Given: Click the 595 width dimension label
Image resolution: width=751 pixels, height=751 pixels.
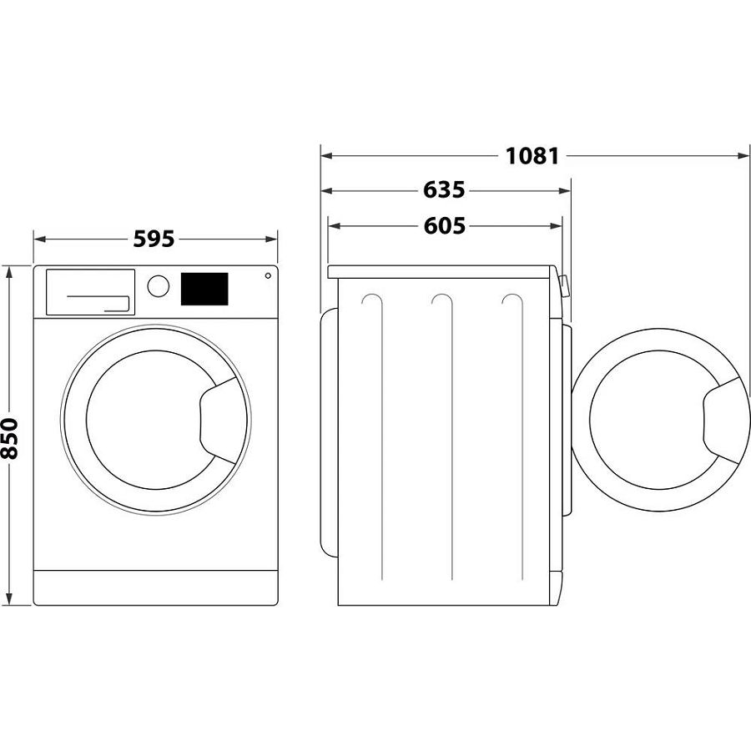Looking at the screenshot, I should pyautogui.click(x=154, y=239).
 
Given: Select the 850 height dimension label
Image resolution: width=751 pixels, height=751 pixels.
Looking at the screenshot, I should pyautogui.click(x=10, y=437).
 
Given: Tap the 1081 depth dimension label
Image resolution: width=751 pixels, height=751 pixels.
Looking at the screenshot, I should pyautogui.click(x=531, y=156).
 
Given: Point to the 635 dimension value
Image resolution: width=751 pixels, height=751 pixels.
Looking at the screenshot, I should pyautogui.click(x=443, y=190).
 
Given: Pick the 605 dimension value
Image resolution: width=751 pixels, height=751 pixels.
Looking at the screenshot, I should pyautogui.click(x=443, y=225).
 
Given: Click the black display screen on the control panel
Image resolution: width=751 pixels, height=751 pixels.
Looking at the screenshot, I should pyautogui.click(x=204, y=289).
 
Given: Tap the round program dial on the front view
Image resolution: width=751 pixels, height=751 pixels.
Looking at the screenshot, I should pyautogui.click(x=158, y=285).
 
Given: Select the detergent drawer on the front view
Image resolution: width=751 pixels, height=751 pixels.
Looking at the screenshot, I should pyautogui.click(x=90, y=292).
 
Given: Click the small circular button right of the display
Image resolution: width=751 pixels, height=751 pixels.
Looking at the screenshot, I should pyautogui.click(x=268, y=276).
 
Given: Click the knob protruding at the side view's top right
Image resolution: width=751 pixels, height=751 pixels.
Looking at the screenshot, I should pyautogui.click(x=564, y=287).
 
